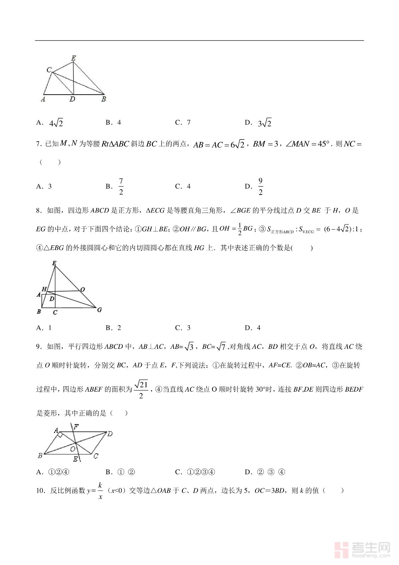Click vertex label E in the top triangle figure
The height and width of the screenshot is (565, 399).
pos(73,58)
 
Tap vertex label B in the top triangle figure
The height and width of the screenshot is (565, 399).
pos(104,99)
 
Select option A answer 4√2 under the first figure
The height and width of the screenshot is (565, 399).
pos(56,123)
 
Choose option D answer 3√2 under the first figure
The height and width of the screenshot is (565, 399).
pos(265,123)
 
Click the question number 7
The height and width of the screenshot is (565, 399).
pos(39,144)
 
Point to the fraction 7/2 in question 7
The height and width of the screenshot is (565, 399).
pos(121,186)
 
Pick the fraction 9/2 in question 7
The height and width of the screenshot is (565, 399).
pos(261,186)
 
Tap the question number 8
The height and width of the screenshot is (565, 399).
pos(39,211)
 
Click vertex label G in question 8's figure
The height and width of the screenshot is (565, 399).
pos(99,310)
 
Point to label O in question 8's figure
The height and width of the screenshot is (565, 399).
pos(83,290)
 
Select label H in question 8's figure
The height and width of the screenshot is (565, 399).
pos(44,289)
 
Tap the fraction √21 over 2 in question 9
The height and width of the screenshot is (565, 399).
pos(141,389)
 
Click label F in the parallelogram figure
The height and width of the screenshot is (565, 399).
pos(76,426)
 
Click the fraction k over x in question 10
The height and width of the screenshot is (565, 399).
pos(100,491)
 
